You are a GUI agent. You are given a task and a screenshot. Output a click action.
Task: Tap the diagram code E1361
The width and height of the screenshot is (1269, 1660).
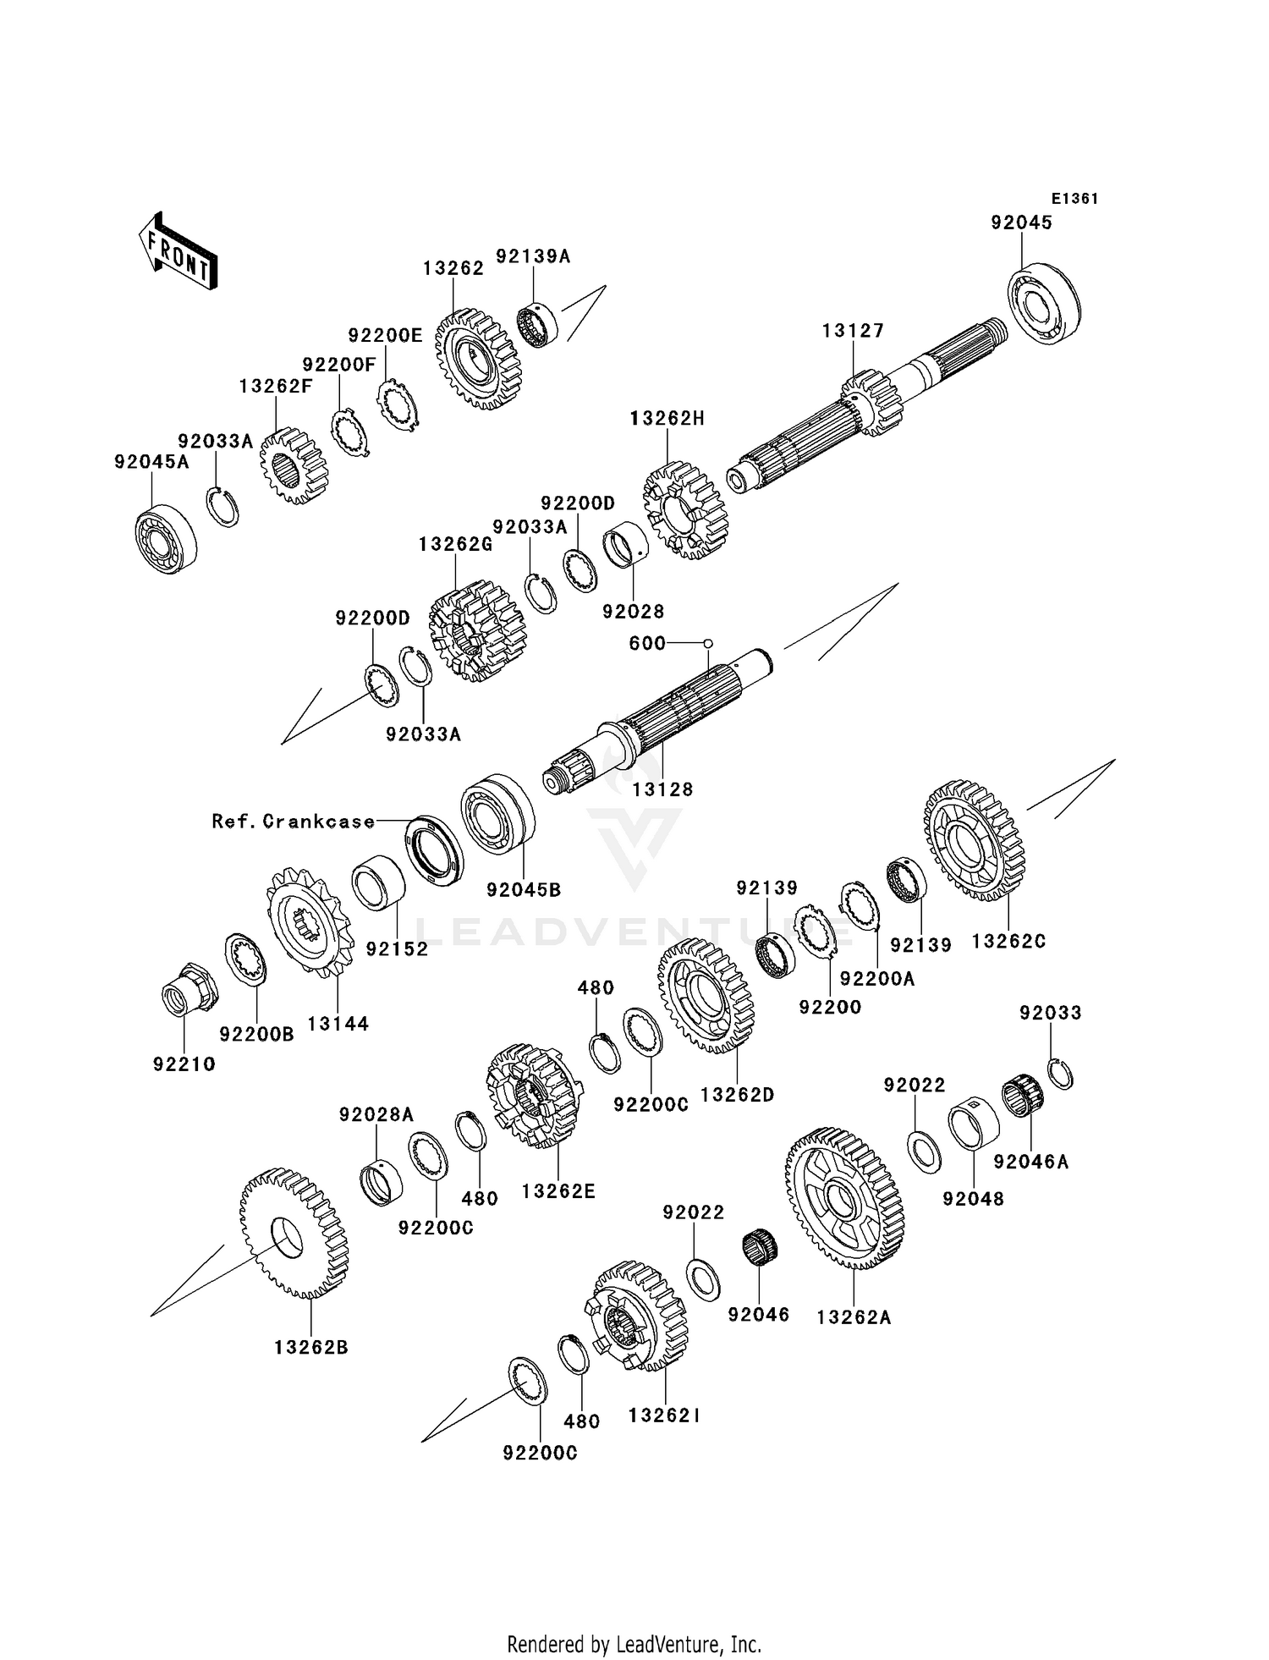[1074, 199]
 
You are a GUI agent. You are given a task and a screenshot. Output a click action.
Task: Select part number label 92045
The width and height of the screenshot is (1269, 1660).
[1021, 223]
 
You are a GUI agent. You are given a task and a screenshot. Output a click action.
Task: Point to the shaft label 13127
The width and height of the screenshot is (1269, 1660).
[853, 331]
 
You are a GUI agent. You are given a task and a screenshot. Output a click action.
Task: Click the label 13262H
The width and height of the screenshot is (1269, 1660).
[667, 419]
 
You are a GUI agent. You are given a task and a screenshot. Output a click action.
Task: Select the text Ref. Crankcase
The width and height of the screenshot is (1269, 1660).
[293, 821]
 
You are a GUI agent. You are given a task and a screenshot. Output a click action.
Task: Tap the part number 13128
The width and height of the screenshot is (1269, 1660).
[661, 789]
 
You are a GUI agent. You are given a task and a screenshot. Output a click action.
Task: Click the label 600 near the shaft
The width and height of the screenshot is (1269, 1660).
[647, 643]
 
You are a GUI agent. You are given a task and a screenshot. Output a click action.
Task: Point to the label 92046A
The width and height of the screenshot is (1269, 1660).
[1030, 1162]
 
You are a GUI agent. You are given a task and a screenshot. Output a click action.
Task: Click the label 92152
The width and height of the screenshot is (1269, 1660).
[397, 948]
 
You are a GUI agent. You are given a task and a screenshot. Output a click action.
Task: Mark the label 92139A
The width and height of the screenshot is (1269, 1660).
[533, 256]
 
